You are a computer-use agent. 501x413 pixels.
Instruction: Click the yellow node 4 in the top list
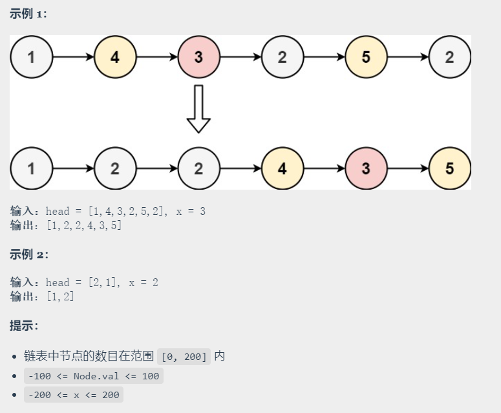point(115,57)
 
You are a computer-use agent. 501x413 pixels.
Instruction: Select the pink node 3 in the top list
point(198,57)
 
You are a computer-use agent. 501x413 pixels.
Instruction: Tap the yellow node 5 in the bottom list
point(449,169)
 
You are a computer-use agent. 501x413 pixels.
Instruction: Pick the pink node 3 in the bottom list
point(366,169)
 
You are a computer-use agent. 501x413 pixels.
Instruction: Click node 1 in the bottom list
point(31,169)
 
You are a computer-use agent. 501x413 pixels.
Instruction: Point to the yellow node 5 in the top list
point(366,57)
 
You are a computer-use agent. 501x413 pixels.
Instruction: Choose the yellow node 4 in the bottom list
point(282,169)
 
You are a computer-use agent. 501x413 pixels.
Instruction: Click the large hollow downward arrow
point(198,108)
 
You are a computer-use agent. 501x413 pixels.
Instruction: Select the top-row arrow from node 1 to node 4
point(73,57)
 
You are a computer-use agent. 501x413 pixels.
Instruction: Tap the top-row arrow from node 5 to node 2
point(407,57)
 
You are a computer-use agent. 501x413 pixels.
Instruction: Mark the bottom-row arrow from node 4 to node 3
point(324,169)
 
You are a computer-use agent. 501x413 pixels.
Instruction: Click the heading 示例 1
point(28,14)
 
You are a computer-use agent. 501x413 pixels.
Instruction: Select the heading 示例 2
point(28,254)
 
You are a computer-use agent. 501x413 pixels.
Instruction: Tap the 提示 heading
point(24,326)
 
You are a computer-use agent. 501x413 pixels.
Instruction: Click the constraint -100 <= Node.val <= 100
point(93,376)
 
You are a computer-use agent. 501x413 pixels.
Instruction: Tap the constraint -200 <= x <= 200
point(73,395)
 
